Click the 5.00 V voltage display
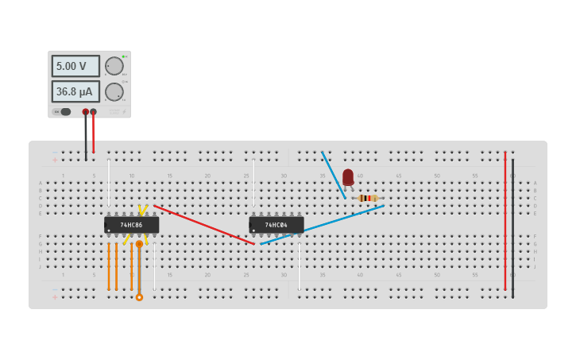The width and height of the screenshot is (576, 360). pyautogui.click(x=75, y=66)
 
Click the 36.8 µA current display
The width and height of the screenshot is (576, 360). pyautogui.click(x=75, y=91)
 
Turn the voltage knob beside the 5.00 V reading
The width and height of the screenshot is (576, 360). pyautogui.click(x=114, y=66)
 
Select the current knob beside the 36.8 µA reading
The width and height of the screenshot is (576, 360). pyautogui.click(x=114, y=91)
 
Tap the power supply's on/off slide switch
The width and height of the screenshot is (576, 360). pyautogui.click(x=64, y=112)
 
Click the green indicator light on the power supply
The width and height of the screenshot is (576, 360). pyautogui.click(x=123, y=56)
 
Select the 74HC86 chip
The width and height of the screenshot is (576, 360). pyautogui.click(x=132, y=225)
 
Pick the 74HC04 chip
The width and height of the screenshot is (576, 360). pyautogui.click(x=276, y=225)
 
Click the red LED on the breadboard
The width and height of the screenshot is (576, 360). pyautogui.click(x=348, y=176)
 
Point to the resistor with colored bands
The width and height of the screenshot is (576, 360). pyautogui.click(x=366, y=198)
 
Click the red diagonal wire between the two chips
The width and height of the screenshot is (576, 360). pyautogui.click(x=203, y=224)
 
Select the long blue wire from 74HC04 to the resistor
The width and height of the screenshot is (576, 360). pyautogui.click(x=322, y=224)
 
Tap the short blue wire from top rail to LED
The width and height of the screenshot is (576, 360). pyautogui.click(x=333, y=173)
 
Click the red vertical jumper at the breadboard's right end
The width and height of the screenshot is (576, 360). pyautogui.click(x=504, y=223)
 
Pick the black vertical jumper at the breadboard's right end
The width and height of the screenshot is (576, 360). pyautogui.click(x=512, y=230)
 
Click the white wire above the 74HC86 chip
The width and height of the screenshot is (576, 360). pyautogui.click(x=109, y=183)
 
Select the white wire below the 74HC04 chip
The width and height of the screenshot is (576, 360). pyautogui.click(x=299, y=266)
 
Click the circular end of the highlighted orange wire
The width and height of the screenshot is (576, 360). pyautogui.click(x=139, y=297)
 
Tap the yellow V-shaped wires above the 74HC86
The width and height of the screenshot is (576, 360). pyautogui.click(x=142, y=210)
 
